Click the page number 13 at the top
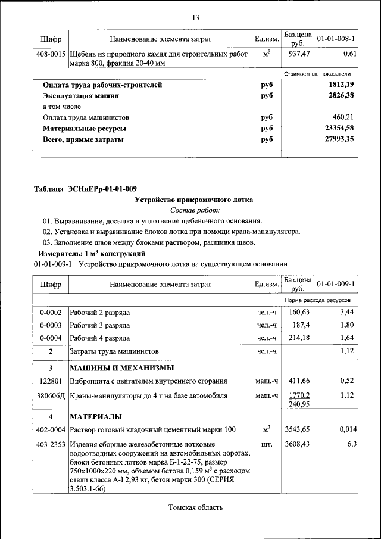(195, 17)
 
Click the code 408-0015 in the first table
(51, 54)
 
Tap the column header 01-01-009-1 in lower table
(336, 283)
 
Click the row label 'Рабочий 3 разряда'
(100, 325)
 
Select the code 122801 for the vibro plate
(51, 380)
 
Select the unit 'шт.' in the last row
(267, 444)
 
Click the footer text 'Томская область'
(195, 507)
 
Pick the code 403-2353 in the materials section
(51, 444)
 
